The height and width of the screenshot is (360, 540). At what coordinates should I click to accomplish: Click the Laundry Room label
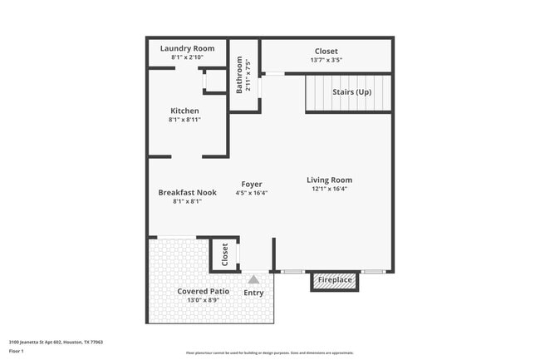[x=186, y=49]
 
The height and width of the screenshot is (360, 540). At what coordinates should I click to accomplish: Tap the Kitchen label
[x=184, y=111]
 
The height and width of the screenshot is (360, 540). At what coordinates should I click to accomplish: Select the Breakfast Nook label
[x=187, y=192]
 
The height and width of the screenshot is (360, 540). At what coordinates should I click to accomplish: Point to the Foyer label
[x=252, y=184]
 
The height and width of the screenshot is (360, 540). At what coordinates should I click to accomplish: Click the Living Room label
[x=329, y=180]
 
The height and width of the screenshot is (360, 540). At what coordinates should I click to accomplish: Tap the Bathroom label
[x=239, y=74]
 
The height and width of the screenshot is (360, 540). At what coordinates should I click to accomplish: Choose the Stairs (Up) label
[x=351, y=91]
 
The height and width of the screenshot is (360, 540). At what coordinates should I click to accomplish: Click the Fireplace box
[x=336, y=280]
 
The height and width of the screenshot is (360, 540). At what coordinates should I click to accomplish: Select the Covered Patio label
[x=203, y=291]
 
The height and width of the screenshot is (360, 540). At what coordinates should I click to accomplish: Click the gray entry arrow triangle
[x=253, y=279]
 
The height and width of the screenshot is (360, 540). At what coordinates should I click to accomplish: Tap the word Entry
[x=253, y=293]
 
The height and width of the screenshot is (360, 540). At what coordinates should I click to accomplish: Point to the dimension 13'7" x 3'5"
[x=326, y=60]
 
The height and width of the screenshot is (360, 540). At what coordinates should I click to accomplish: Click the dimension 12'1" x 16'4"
[x=329, y=189]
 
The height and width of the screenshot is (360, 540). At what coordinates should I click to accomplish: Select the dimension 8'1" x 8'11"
[x=184, y=120]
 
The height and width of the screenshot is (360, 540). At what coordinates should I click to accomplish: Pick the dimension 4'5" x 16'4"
[x=252, y=193]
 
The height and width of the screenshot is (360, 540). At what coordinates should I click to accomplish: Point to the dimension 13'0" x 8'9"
[x=203, y=300]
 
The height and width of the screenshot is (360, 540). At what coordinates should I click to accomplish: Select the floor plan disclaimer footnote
[x=269, y=353]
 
